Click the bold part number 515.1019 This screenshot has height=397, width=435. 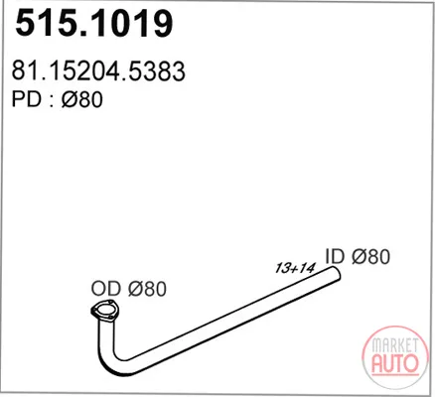coord(93,23)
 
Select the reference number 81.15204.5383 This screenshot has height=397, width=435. coord(98,70)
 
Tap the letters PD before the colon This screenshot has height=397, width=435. coord(26,99)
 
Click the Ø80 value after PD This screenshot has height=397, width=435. coord(81,99)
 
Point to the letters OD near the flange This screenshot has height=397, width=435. coord(106,288)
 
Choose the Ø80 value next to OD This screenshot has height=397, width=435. coord(147,288)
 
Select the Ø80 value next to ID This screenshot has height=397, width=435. coord(370,256)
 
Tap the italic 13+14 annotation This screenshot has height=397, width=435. coord(295,268)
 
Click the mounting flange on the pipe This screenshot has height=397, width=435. coord(105,312)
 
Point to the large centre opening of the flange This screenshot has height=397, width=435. coord(105,312)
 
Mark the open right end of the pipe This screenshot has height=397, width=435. coord(336,273)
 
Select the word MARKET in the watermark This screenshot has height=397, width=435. coord(394,345)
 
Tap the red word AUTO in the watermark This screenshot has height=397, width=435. coord(394,363)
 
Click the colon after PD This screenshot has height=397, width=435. coord(52,101)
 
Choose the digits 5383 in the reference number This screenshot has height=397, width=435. coord(157,70)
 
